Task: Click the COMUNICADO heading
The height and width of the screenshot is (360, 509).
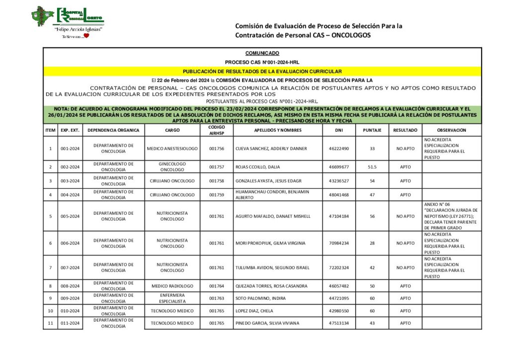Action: [x=262, y=53]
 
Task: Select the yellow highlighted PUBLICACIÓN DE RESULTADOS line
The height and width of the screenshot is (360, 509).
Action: [x=262, y=71]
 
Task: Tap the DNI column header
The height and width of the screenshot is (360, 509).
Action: [x=339, y=130]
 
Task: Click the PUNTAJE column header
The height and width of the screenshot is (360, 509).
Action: [x=372, y=130]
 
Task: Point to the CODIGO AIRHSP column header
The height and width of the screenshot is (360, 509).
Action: [x=217, y=130]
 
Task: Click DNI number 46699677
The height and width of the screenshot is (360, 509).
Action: [x=339, y=167]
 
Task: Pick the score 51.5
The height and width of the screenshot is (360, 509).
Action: [x=372, y=167]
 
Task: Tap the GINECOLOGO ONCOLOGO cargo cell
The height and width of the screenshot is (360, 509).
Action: [x=172, y=167]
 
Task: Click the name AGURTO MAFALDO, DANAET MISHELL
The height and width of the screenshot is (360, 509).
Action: [x=273, y=216]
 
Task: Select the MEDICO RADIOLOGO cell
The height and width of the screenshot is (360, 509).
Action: [x=172, y=286]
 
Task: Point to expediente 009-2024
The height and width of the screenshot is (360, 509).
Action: [x=70, y=298]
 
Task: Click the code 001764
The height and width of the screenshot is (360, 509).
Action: [x=217, y=286]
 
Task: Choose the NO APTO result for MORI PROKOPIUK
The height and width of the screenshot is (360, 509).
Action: [x=405, y=243]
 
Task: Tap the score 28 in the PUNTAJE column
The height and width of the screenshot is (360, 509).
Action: [x=372, y=243]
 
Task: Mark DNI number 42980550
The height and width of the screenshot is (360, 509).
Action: [x=339, y=311]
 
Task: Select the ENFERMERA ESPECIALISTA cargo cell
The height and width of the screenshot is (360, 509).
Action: [x=172, y=298]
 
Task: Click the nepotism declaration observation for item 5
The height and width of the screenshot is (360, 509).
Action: [x=451, y=216]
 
